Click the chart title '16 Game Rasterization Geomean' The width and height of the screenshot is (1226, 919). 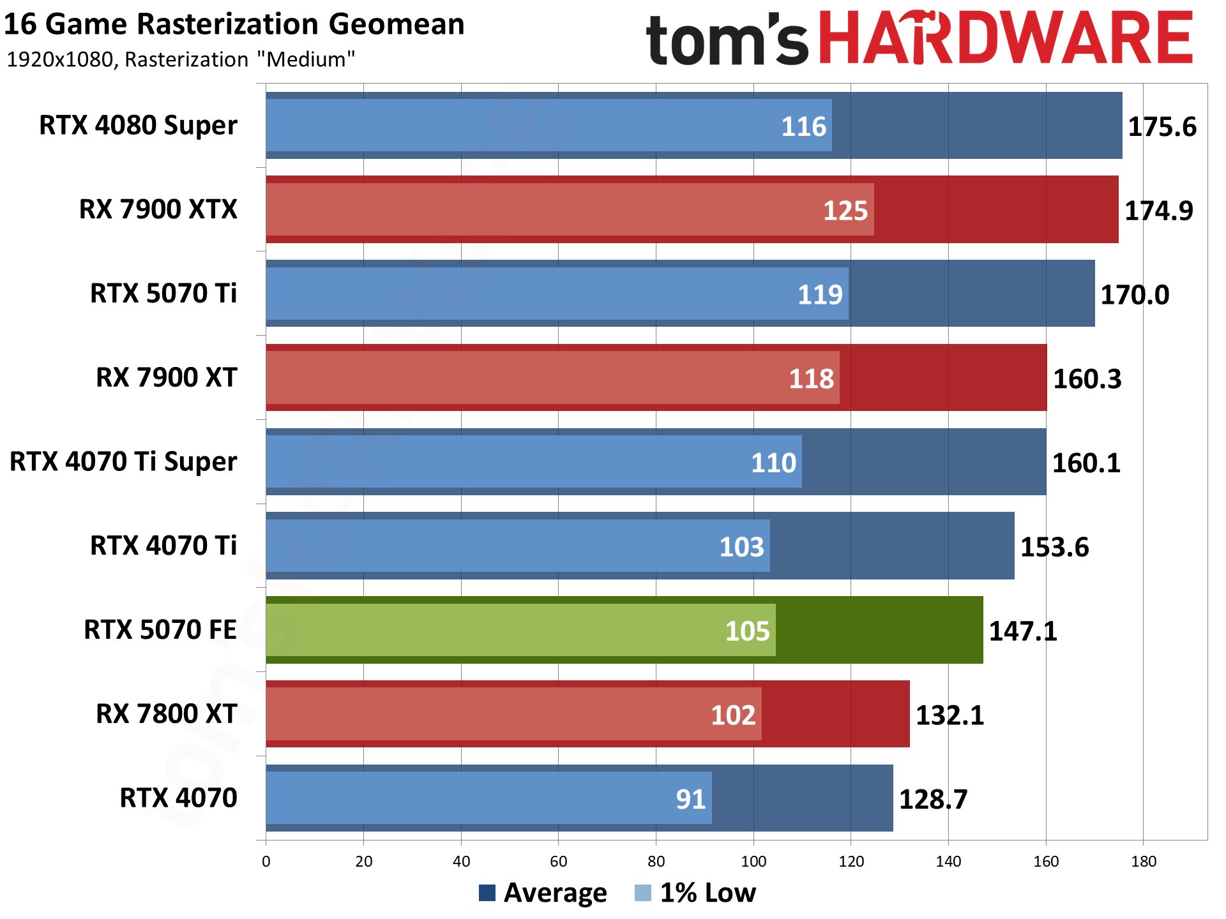click(x=234, y=24)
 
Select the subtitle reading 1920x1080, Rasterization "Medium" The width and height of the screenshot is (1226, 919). click(x=181, y=59)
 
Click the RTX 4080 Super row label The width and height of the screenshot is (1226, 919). click(x=138, y=125)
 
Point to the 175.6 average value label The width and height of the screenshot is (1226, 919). click(x=1162, y=126)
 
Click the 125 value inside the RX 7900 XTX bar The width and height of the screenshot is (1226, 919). click(x=845, y=211)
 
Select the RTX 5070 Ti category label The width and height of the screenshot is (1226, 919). click(x=163, y=294)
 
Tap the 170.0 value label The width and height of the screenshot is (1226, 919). click(x=1135, y=295)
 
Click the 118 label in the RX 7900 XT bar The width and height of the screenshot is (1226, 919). click(x=811, y=379)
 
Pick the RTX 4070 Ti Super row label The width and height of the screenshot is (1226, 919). click(x=123, y=461)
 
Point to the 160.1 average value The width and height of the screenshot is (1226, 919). click(x=1086, y=463)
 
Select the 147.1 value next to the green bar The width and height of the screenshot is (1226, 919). click(x=1023, y=631)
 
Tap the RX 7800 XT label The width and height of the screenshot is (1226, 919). click(x=166, y=714)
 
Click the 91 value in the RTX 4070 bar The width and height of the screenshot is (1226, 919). click(x=690, y=799)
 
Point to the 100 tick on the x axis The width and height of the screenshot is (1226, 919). click(x=753, y=862)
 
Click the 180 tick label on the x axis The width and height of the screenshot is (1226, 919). click(x=1143, y=862)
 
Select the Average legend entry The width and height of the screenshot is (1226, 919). click(x=543, y=892)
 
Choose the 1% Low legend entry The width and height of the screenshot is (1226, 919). click(x=695, y=892)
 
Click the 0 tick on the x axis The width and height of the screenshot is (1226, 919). click(x=266, y=862)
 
